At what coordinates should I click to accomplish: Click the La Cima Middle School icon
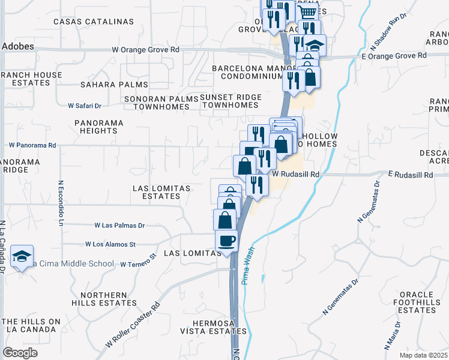[x=22, y=257]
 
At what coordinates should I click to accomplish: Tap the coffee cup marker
[x=226, y=241]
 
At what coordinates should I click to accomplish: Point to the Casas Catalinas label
[x=93, y=22]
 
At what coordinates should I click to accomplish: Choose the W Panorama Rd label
[x=32, y=145]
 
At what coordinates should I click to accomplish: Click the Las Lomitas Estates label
[x=161, y=192]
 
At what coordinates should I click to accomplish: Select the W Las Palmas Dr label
[x=119, y=226]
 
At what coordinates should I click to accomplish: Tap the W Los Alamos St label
[x=110, y=244]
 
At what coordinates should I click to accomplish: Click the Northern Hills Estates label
[x=104, y=299]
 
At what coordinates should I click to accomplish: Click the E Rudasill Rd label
[x=411, y=175]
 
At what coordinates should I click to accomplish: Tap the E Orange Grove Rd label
[x=398, y=55]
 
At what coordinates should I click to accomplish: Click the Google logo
[x=20, y=353]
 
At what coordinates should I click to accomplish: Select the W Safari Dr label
[x=85, y=106]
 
